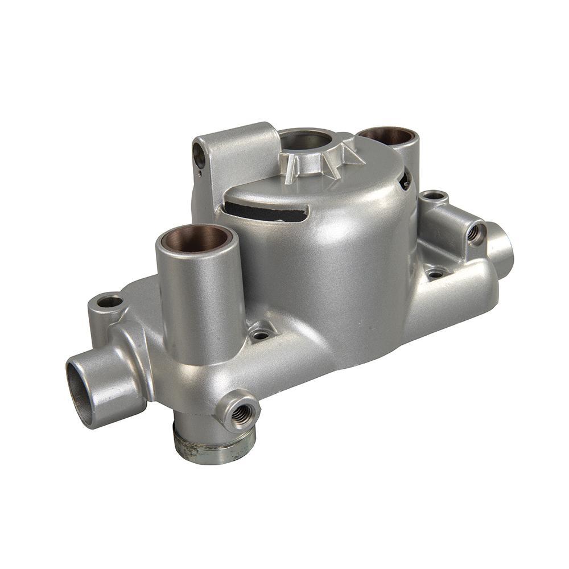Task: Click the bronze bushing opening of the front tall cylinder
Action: (196, 238)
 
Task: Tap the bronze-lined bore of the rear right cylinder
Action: (387, 135)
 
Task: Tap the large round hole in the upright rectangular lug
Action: (199, 154)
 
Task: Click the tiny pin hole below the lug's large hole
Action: (199, 173)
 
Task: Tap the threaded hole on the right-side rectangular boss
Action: (473, 233)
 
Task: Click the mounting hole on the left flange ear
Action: (109, 302)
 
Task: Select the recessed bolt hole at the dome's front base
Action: (260, 334)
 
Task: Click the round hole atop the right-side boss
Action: (434, 196)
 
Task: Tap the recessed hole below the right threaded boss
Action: (435, 273)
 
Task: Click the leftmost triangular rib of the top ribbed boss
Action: (291, 169)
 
